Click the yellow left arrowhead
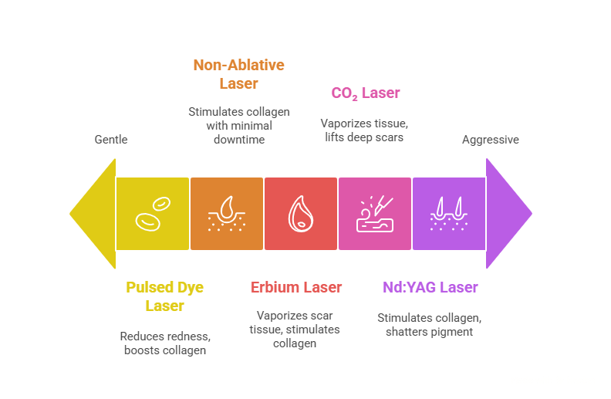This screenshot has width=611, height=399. coord(93,213)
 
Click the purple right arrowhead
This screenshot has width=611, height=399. coord(508,213)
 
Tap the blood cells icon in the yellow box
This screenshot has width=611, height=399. coord(153,213)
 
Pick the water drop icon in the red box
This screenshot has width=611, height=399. coord(301,214)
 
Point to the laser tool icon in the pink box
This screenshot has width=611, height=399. coord(375,214)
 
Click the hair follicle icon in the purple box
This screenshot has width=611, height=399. coord(449,214)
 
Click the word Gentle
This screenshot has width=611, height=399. coord(111,140)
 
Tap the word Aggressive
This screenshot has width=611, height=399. coord(490,140)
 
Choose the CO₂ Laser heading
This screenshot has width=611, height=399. coord(366,93)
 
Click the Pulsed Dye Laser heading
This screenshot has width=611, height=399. coord(165,296)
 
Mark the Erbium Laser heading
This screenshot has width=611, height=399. coord(296,287)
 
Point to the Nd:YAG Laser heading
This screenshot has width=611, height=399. coord(430,287)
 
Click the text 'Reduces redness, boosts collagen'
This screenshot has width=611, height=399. coord(165,343)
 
